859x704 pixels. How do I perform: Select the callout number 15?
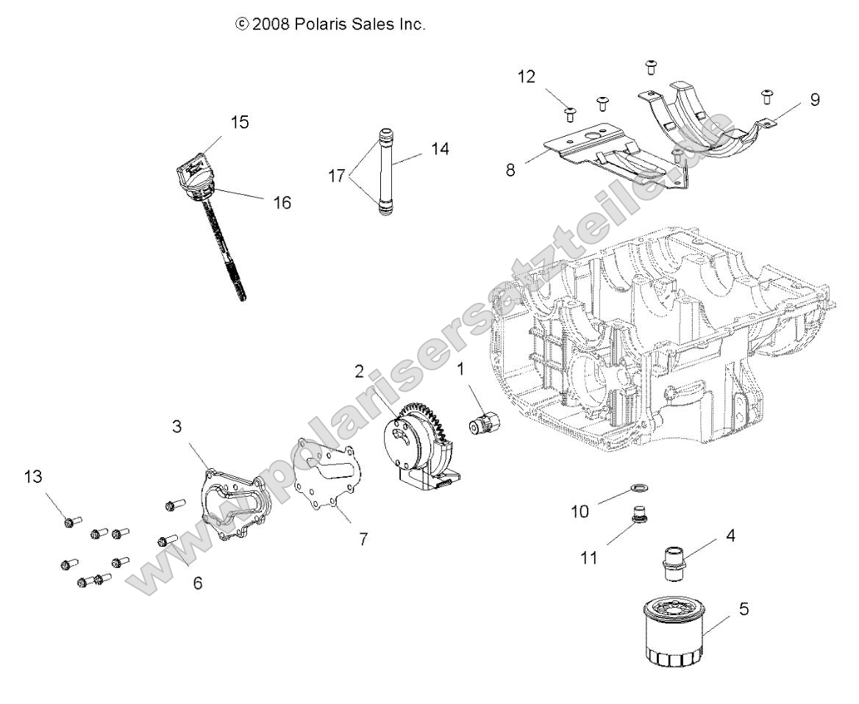[x=240, y=122]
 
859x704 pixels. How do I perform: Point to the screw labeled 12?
[x=568, y=112]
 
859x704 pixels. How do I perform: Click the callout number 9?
[x=814, y=99]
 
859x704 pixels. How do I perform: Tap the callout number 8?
[x=532, y=168]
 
